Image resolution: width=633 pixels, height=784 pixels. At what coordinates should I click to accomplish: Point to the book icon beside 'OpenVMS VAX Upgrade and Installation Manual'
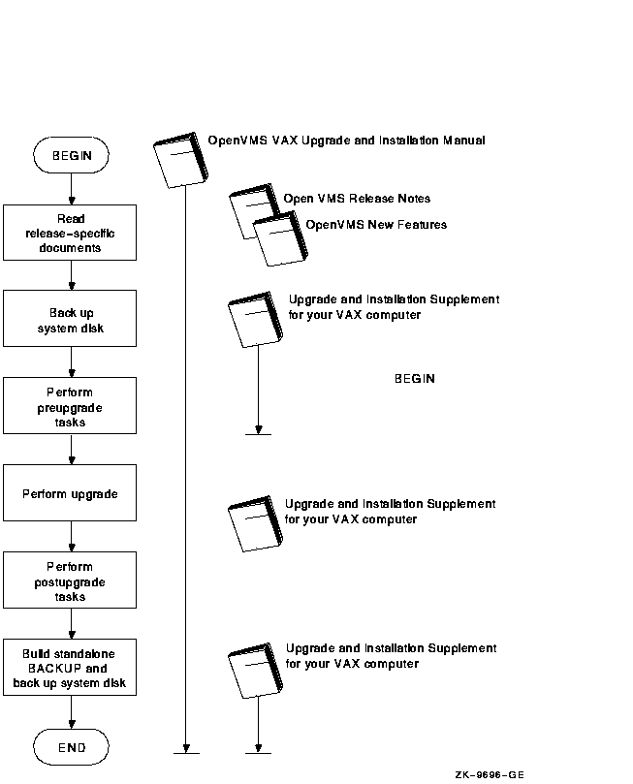tap(180, 160)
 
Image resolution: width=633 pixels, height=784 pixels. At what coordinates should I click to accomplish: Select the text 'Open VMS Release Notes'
tap(357, 199)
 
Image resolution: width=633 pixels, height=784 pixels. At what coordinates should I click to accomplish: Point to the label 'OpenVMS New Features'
tap(376, 225)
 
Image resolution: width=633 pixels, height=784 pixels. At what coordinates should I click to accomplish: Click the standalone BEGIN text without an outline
tap(415, 379)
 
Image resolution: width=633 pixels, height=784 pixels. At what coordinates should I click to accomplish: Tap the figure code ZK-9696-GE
tap(490, 775)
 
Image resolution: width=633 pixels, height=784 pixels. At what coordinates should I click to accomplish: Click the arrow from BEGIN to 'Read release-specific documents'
tap(72, 189)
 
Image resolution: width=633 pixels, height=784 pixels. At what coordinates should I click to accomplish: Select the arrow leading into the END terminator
tap(72, 712)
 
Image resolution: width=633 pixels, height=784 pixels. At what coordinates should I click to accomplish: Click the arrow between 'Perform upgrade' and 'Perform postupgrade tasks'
tap(72, 536)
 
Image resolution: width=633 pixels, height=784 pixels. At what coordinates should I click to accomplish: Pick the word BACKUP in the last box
tap(54, 669)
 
